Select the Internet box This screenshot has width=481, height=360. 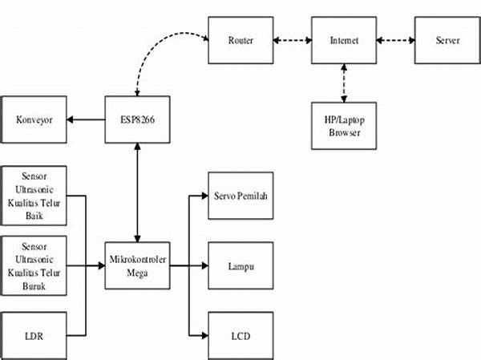[x=345, y=40]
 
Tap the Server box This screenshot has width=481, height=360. [x=447, y=40]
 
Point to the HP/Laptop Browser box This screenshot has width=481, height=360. [x=345, y=125]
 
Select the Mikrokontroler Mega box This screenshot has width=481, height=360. [x=138, y=265]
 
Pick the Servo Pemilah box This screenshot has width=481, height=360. [x=240, y=195]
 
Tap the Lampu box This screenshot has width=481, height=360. [x=240, y=265]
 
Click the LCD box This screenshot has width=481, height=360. [x=240, y=334]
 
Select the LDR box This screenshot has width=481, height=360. [x=34, y=334]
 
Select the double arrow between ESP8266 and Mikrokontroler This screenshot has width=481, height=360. [x=138, y=192]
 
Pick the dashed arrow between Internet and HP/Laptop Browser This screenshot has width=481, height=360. [x=345, y=83]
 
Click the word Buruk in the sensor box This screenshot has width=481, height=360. [x=34, y=282]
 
